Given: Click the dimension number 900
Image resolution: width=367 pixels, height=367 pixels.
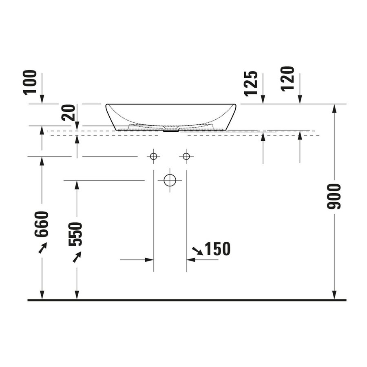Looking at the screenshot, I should [334, 197].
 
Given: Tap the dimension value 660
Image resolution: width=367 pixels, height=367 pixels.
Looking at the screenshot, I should [42, 224].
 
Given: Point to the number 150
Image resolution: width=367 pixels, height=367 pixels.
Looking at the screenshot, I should [217, 249].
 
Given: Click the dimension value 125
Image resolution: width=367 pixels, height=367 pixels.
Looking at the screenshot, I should [251, 84].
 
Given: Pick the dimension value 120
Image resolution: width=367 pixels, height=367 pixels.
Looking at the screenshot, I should [287, 79].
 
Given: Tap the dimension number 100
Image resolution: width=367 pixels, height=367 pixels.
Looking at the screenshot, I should [30, 82].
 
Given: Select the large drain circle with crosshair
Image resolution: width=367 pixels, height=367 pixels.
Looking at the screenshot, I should [170, 180].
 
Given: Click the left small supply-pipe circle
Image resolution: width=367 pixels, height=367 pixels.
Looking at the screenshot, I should [153, 156].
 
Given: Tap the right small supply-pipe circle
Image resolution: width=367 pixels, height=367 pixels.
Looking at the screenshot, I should [186, 156].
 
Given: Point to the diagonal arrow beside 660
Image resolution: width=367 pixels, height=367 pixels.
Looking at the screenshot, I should [43, 248].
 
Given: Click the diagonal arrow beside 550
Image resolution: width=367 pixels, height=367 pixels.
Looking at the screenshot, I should [77, 257].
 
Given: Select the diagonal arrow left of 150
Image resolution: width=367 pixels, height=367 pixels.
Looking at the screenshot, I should [197, 251].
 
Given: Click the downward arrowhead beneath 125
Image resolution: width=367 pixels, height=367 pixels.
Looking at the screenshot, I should [263, 99].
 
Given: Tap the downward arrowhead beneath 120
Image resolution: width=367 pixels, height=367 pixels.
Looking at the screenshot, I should [300, 99].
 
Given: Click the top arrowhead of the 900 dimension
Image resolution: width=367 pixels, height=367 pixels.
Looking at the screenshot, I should [334, 108].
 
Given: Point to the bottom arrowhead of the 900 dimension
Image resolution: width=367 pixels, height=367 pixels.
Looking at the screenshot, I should [334, 295].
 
